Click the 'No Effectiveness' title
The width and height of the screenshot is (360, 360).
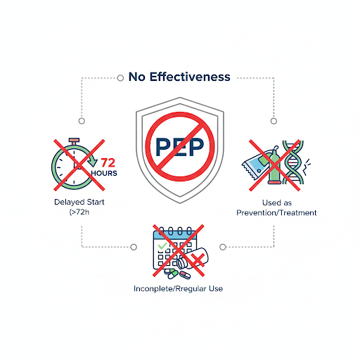click(x=179, y=77)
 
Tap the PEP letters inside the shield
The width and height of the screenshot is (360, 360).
click(x=180, y=147)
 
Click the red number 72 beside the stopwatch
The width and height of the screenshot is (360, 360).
click(x=108, y=162)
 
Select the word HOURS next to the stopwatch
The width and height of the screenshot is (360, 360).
click(x=104, y=173)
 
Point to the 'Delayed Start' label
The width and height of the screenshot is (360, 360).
click(x=79, y=202)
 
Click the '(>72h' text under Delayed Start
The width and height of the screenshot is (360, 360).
click(x=79, y=212)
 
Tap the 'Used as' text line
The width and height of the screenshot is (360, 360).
click(x=277, y=202)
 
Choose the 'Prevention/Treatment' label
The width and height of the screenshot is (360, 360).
click(x=276, y=212)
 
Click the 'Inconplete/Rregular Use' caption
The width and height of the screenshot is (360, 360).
click(x=178, y=288)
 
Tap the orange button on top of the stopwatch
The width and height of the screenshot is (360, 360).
click(x=74, y=141)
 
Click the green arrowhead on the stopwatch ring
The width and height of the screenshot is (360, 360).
click(x=92, y=162)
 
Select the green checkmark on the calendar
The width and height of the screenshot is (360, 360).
click(x=162, y=246)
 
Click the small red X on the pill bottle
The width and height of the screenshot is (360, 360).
click(x=198, y=259)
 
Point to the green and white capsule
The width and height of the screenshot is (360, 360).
click(x=171, y=274)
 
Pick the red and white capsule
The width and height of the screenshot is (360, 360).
click(x=185, y=275)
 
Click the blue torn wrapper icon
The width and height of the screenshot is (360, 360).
click(x=255, y=165)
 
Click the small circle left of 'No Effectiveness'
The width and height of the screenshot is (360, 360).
click(x=120, y=78)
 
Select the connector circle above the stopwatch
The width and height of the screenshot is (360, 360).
click(x=82, y=121)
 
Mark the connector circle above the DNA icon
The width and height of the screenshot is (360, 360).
click(x=274, y=121)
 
